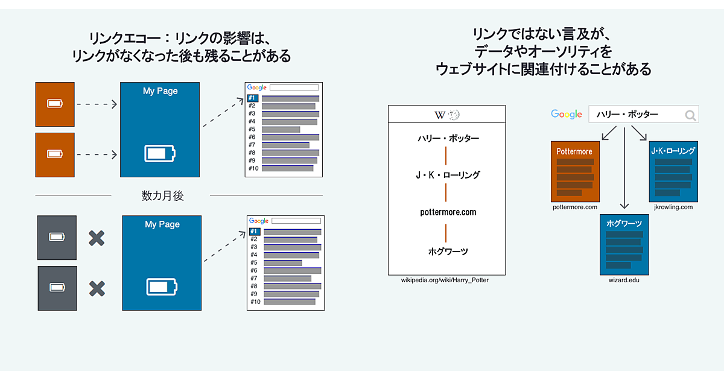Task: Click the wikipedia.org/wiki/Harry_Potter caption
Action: click(446, 280)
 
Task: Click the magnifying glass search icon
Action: click(690, 115)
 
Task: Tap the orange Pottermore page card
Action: click(575, 171)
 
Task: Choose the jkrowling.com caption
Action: click(673, 207)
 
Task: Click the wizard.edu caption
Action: click(624, 280)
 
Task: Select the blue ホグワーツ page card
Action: click(624, 244)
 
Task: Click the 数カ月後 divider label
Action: click(162, 195)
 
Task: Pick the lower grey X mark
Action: click(97, 289)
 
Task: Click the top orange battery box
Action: click(55, 104)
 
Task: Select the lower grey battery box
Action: click(57, 288)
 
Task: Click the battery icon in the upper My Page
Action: click(159, 153)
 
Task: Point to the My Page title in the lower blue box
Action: click(162, 224)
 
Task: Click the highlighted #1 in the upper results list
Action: click(253, 98)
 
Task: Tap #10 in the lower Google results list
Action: click(255, 302)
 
